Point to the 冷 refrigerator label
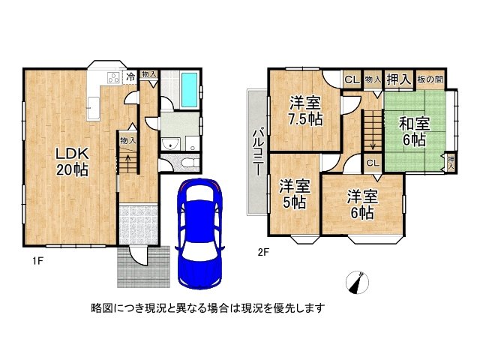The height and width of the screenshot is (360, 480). click(x=130, y=76)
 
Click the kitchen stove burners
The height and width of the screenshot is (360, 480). click(x=112, y=77)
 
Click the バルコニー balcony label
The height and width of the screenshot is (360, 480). click(x=256, y=149)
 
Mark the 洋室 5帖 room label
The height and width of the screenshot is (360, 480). click(x=294, y=193)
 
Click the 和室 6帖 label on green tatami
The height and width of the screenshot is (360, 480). click(x=412, y=131)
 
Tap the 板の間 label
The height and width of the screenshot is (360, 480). click(x=434, y=79)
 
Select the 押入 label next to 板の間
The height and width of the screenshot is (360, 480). click(x=398, y=78)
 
